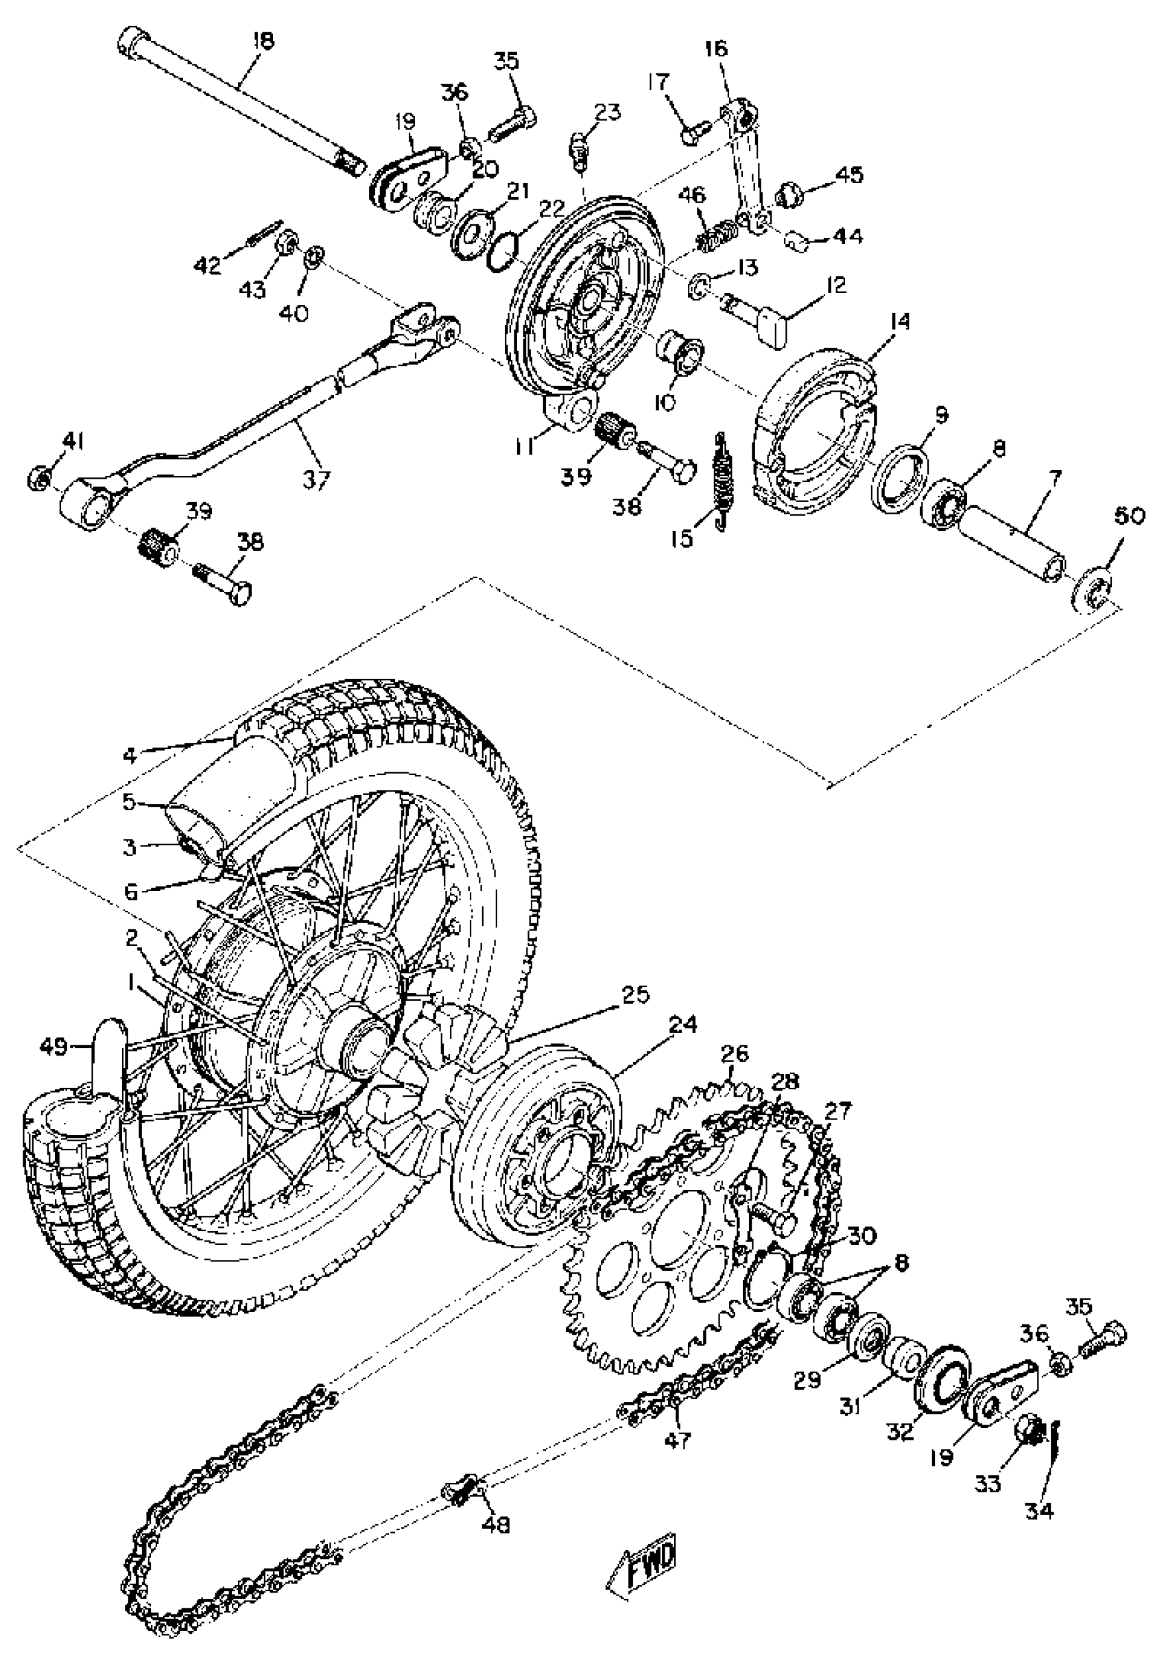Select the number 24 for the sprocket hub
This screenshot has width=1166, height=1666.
click(x=682, y=1025)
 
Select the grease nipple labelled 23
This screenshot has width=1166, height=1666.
click(x=579, y=148)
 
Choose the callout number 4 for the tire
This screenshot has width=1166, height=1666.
click(x=130, y=755)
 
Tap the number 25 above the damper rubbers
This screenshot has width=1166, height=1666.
click(x=635, y=994)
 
